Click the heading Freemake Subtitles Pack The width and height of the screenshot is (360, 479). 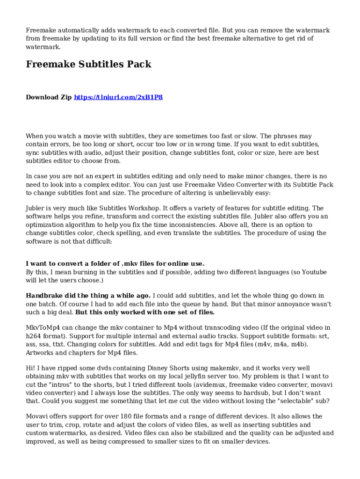(x=88, y=65)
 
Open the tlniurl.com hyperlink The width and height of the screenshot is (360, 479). (x=118, y=97)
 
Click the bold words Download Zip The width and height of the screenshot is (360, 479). (x=49, y=97)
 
